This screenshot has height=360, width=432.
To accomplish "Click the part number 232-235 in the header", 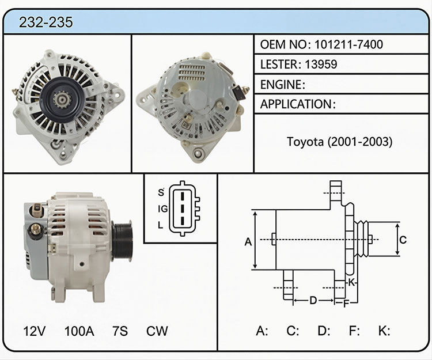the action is [x=46, y=22].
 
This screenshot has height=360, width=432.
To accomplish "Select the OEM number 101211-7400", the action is [x=348, y=44].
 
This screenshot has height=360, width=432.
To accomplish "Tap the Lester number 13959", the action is [x=321, y=64].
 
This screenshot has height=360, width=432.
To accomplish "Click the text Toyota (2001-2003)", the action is [x=339, y=142].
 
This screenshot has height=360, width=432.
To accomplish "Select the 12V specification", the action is [x=34, y=331].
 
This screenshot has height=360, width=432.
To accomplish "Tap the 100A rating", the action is [x=79, y=331].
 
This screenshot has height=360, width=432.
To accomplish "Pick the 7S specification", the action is [x=120, y=331].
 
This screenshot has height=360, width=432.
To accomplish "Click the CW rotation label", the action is [x=157, y=331].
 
